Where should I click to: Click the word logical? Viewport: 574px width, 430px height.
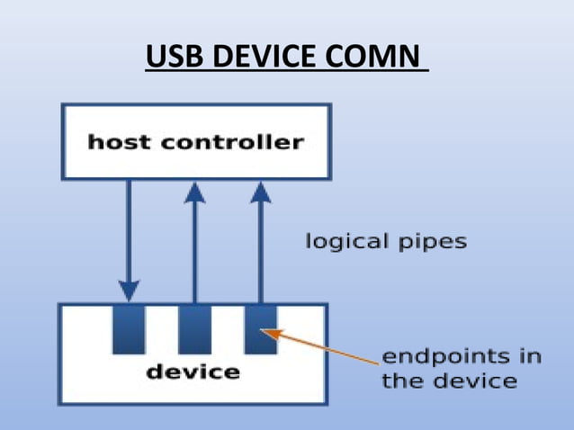pyautogui.click(x=347, y=242)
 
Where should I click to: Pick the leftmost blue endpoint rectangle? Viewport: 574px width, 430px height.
pyautogui.click(x=129, y=328)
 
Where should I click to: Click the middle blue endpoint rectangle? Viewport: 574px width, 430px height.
pyautogui.click(x=194, y=328)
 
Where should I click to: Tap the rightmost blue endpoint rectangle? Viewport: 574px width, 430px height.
pyautogui.click(x=260, y=328)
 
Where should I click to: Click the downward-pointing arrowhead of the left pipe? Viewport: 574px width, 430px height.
pyautogui.click(x=129, y=290)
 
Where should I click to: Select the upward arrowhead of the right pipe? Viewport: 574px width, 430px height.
pyautogui.click(x=260, y=192)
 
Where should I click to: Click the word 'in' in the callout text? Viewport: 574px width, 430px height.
pyautogui.click(x=530, y=356)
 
